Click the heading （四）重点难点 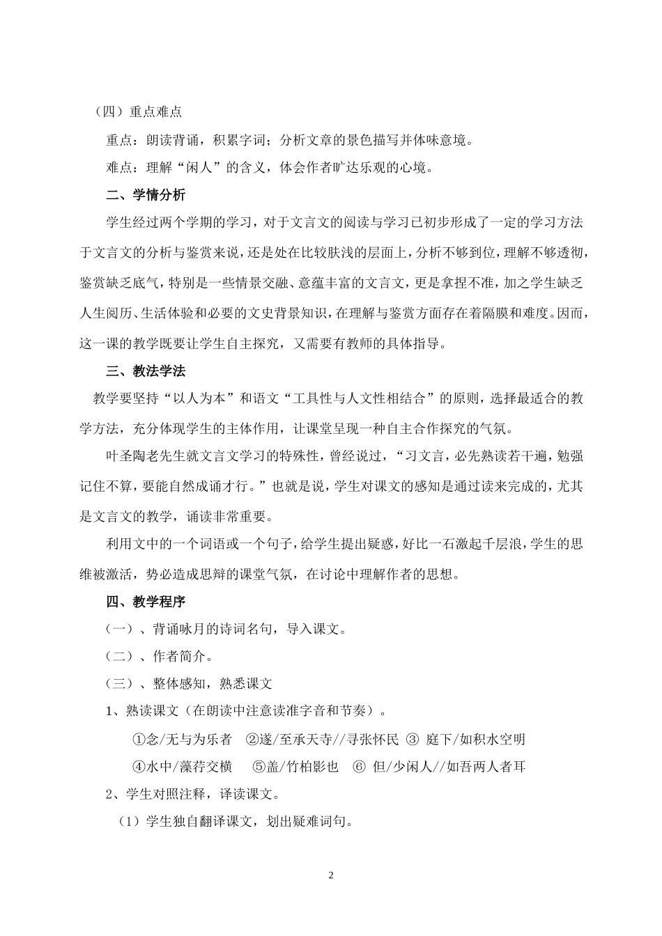pos(139,111)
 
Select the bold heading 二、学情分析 pos(145,195)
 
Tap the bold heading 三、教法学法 pos(145,370)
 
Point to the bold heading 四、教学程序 pos(145,601)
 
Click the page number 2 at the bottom pos(331,875)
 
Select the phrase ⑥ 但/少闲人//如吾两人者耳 pos(439,767)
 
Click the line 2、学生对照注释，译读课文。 pos(192,794)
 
